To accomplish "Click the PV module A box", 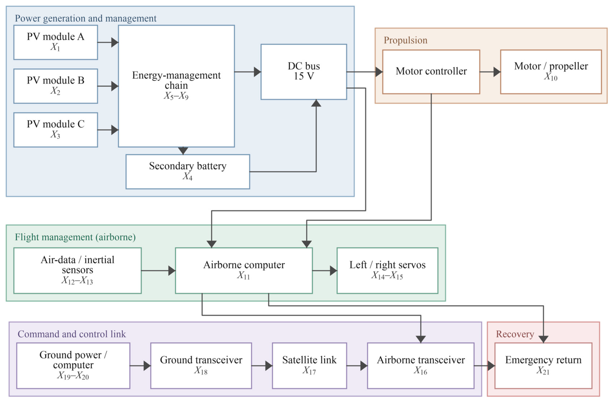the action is pyautogui.click(x=56, y=42).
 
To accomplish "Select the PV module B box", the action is pyautogui.click(x=56, y=86).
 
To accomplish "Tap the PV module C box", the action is pyautogui.click(x=56, y=130).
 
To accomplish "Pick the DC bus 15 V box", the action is pyautogui.click(x=304, y=72).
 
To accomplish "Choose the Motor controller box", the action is pyautogui.click(x=431, y=72).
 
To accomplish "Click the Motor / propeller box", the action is pyautogui.click(x=551, y=72).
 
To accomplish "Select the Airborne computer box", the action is pyautogui.click(x=244, y=270).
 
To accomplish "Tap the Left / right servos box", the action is pyautogui.click(x=387, y=270).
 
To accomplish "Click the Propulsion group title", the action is pyautogui.click(x=405, y=40).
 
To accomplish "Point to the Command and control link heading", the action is pyautogui.click(x=72, y=334).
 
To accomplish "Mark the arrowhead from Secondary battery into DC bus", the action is pyautogui.click(x=316, y=103).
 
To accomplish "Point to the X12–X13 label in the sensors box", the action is pyautogui.click(x=77, y=280).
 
